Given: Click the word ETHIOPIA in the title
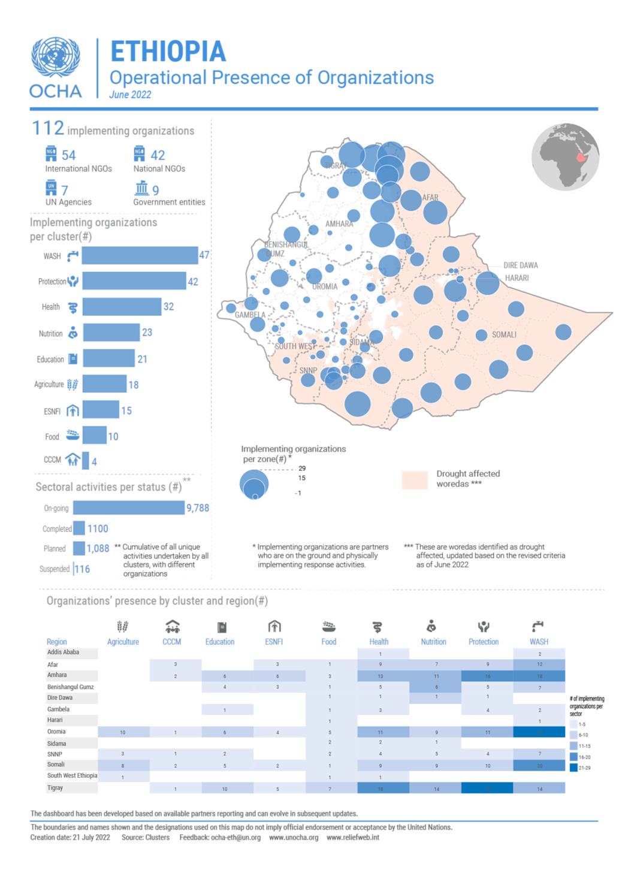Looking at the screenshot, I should [x=168, y=52].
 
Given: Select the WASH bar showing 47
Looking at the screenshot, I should [x=140, y=256].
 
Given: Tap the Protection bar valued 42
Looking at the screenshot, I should [x=134, y=281].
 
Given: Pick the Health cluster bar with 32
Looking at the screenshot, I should [x=122, y=307].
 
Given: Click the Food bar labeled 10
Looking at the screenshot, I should [x=95, y=436].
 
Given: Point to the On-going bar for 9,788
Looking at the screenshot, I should [x=129, y=508].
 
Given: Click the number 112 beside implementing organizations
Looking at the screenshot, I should [x=47, y=128].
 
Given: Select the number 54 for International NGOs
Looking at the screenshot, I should [x=68, y=156].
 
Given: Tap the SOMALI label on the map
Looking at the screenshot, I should [x=504, y=335].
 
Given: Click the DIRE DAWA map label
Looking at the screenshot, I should [x=520, y=265].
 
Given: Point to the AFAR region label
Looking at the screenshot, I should [x=430, y=198].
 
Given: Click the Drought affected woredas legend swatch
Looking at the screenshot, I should [x=415, y=480].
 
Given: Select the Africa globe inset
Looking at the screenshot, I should [x=565, y=158].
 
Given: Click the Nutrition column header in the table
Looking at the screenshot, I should [x=433, y=642].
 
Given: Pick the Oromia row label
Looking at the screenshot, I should [x=57, y=732].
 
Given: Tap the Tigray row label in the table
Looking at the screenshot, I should [x=55, y=788].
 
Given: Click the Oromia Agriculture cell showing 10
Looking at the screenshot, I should [x=123, y=732].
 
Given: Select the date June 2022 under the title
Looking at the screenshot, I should [x=130, y=95].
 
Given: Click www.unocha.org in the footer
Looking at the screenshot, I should [x=294, y=838].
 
